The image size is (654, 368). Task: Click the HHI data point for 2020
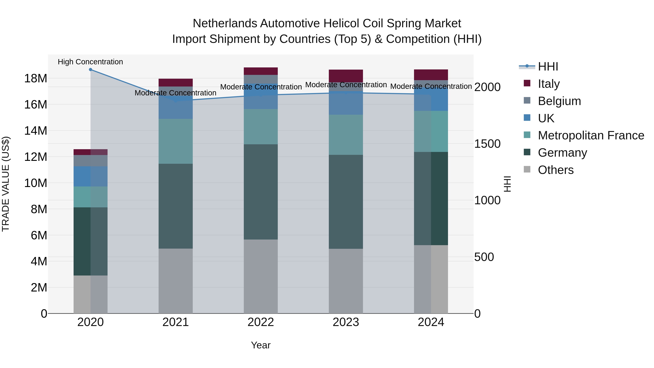pyautogui.click(x=90, y=70)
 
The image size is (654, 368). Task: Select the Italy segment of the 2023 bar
pyautogui.click(x=346, y=76)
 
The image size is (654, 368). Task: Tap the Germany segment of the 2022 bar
pyautogui.click(x=261, y=192)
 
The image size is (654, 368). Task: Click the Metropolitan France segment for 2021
pyautogui.click(x=176, y=141)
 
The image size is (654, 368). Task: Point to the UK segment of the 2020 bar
pyautogui.click(x=90, y=176)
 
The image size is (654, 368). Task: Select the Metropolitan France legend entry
pyautogui.click(x=591, y=135)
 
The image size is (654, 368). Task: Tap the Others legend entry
pyautogui.click(x=556, y=170)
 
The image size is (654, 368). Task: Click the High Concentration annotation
pyautogui.click(x=90, y=62)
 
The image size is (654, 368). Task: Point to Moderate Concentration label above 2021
pyautogui.click(x=175, y=93)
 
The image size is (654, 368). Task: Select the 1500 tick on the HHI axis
pyautogui.click(x=487, y=144)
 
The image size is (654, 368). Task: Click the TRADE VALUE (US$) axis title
pyautogui.click(x=6, y=184)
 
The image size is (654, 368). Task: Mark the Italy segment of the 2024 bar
pyautogui.click(x=431, y=75)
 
